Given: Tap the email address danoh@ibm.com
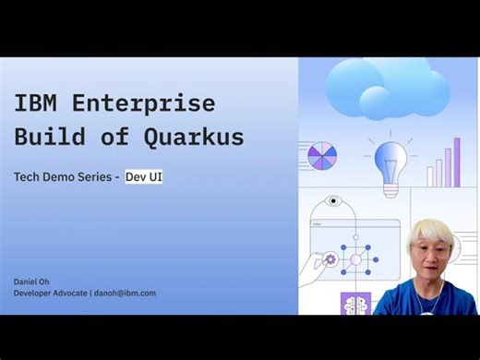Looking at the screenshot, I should tap(124, 293).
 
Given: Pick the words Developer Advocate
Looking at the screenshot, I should tap(50, 293).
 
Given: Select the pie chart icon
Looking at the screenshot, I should tap(322, 155).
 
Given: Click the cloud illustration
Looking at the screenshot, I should tap(386, 88).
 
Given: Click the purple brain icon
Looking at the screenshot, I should tap(355, 304).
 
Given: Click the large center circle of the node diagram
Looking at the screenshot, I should tap(355, 260).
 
